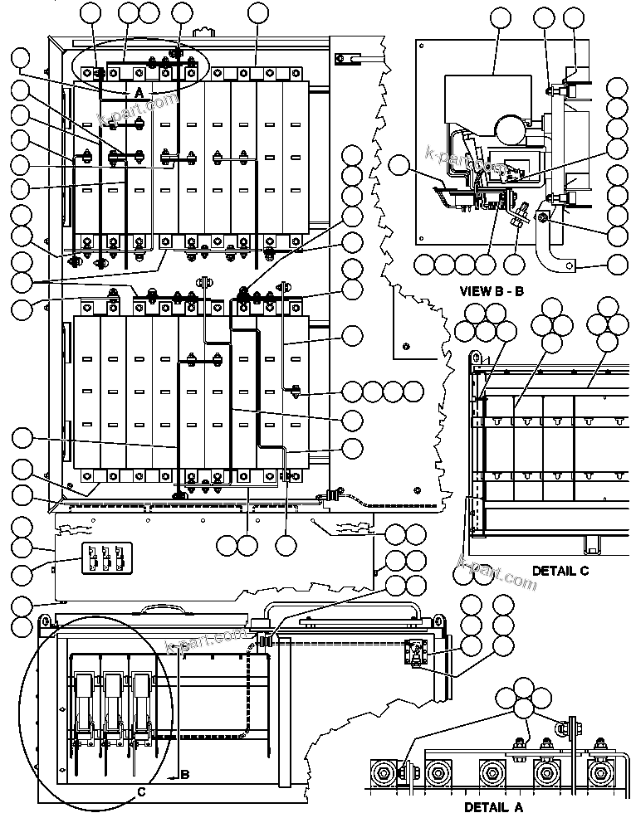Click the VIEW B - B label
(x=492, y=291)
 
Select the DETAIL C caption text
(x=560, y=572)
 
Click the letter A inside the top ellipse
(x=139, y=91)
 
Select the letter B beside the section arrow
(x=185, y=776)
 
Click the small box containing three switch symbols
(x=106, y=557)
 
